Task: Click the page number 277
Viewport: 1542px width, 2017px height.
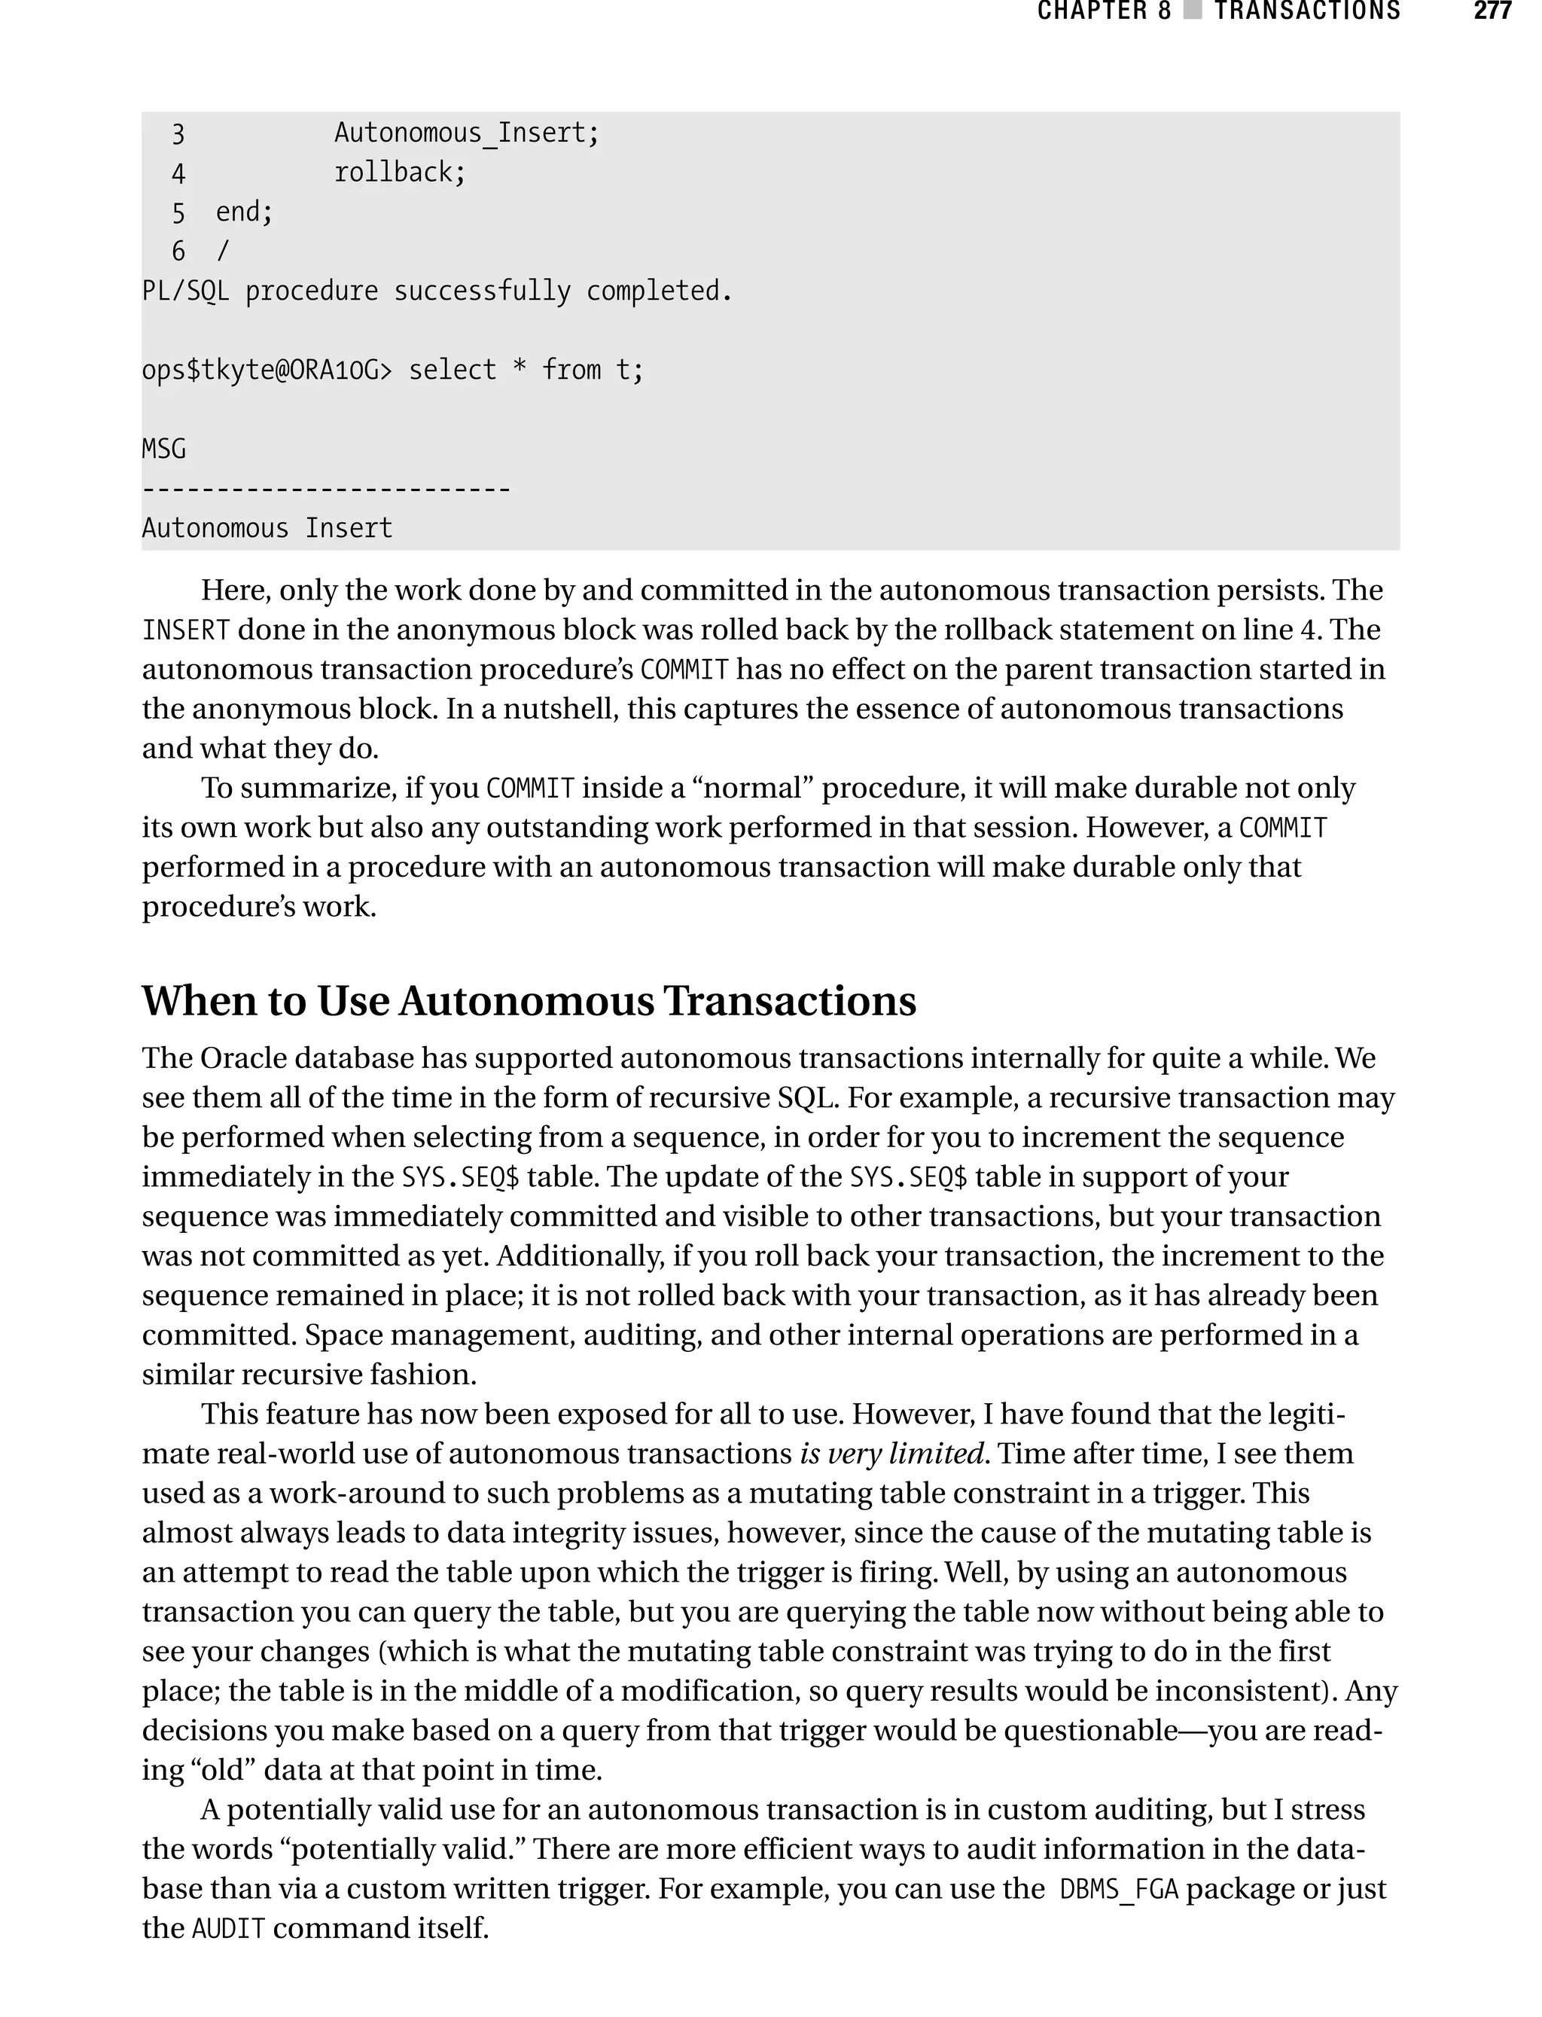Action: point(1492,11)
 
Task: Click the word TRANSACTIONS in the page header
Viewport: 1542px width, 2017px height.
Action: point(1307,11)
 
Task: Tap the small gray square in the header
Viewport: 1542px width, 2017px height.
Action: point(1193,11)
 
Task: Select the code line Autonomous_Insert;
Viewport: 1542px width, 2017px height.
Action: point(466,133)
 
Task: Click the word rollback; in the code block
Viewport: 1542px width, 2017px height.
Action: point(401,172)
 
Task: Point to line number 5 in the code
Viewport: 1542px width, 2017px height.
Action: point(178,213)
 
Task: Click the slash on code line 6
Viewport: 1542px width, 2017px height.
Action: point(222,252)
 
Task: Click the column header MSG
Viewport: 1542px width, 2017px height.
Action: point(163,449)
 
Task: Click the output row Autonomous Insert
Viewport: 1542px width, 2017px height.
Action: point(267,529)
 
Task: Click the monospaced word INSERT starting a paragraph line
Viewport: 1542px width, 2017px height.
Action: point(185,630)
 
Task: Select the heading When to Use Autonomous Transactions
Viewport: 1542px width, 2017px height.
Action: point(529,1001)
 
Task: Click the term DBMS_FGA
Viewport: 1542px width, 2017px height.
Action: point(1118,1890)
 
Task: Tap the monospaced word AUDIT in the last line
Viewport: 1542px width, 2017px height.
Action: point(227,1929)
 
